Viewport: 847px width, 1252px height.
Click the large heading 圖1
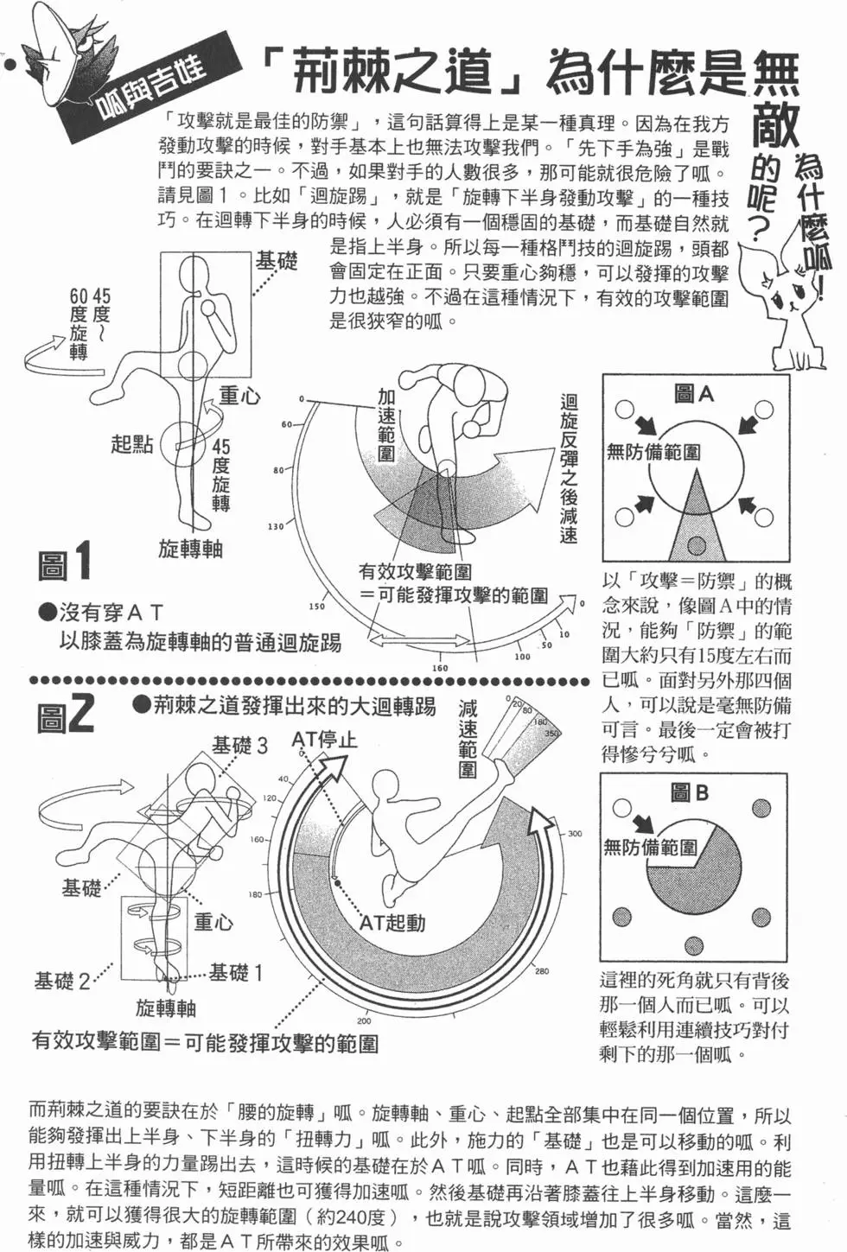65,562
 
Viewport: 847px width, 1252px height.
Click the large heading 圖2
66,715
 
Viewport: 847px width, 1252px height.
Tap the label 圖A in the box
693,395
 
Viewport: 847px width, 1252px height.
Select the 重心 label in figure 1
239,396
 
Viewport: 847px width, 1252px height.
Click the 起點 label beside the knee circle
131,444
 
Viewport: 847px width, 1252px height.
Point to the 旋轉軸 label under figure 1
191,549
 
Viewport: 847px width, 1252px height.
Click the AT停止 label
323,740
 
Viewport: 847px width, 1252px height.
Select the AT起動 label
392,923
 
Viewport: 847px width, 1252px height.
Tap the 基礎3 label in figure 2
240,745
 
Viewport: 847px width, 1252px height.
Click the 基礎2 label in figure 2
62,981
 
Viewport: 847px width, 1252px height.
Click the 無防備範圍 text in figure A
653,451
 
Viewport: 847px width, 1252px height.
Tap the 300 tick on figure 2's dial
575,834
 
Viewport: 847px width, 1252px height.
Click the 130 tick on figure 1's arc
276,526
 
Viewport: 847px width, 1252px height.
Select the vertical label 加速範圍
386,424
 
